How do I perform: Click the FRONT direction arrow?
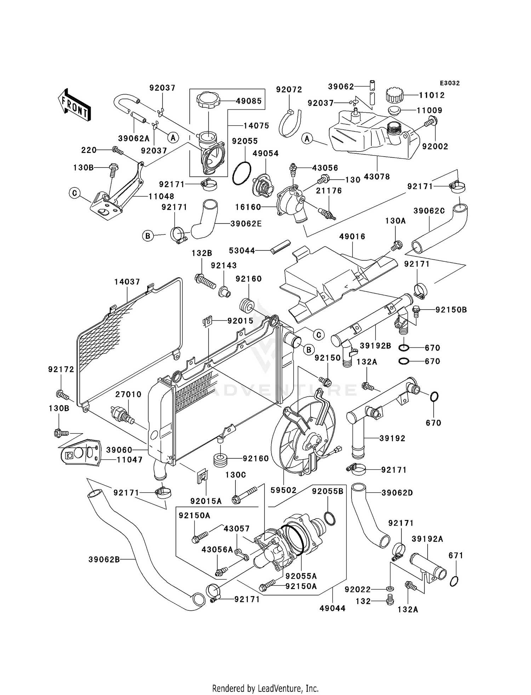[74, 105]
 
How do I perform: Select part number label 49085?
[249, 101]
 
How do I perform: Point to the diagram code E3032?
[450, 83]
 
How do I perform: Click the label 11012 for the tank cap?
[432, 95]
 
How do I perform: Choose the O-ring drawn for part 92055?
[242, 173]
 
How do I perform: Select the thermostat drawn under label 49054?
[263, 185]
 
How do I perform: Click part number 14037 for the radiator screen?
[127, 282]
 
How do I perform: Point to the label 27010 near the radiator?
[129, 394]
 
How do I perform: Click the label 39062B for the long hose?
[104, 560]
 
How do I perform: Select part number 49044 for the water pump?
[332, 608]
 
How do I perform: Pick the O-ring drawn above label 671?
[455, 581]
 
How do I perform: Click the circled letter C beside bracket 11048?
[74, 193]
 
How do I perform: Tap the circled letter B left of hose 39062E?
[148, 236]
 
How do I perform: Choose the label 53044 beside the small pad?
[242, 251]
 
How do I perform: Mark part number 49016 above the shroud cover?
[352, 237]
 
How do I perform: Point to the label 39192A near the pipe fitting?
[427, 539]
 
